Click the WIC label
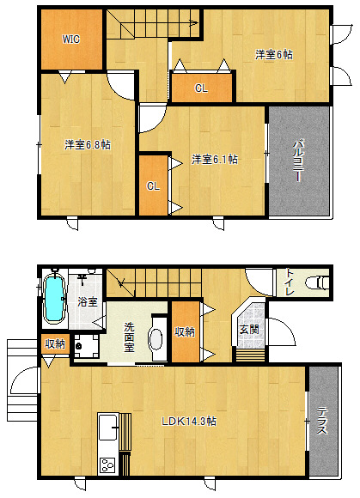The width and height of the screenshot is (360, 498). [70, 39]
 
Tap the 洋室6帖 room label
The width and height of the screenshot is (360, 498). [274, 55]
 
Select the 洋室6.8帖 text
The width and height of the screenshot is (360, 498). [88, 145]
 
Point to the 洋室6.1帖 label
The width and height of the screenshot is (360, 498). [215, 159]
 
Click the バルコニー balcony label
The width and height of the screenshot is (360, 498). [298, 161]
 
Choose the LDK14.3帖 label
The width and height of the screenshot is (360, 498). [189, 421]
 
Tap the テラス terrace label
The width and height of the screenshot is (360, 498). [322, 421]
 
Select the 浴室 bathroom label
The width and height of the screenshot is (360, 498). [88, 301]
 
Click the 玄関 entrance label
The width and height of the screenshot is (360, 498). [249, 330]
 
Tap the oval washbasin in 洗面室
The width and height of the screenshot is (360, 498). [156, 339]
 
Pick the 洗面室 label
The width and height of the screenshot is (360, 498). [129, 337]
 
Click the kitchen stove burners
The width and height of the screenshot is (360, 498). [107, 465]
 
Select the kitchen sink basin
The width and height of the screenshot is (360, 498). [108, 428]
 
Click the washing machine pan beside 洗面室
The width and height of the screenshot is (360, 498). [86, 346]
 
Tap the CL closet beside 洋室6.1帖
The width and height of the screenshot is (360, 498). [153, 185]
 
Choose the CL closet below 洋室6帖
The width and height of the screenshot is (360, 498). [201, 88]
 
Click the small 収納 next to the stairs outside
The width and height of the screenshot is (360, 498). [55, 343]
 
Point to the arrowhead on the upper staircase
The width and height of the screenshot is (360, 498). [194, 22]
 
